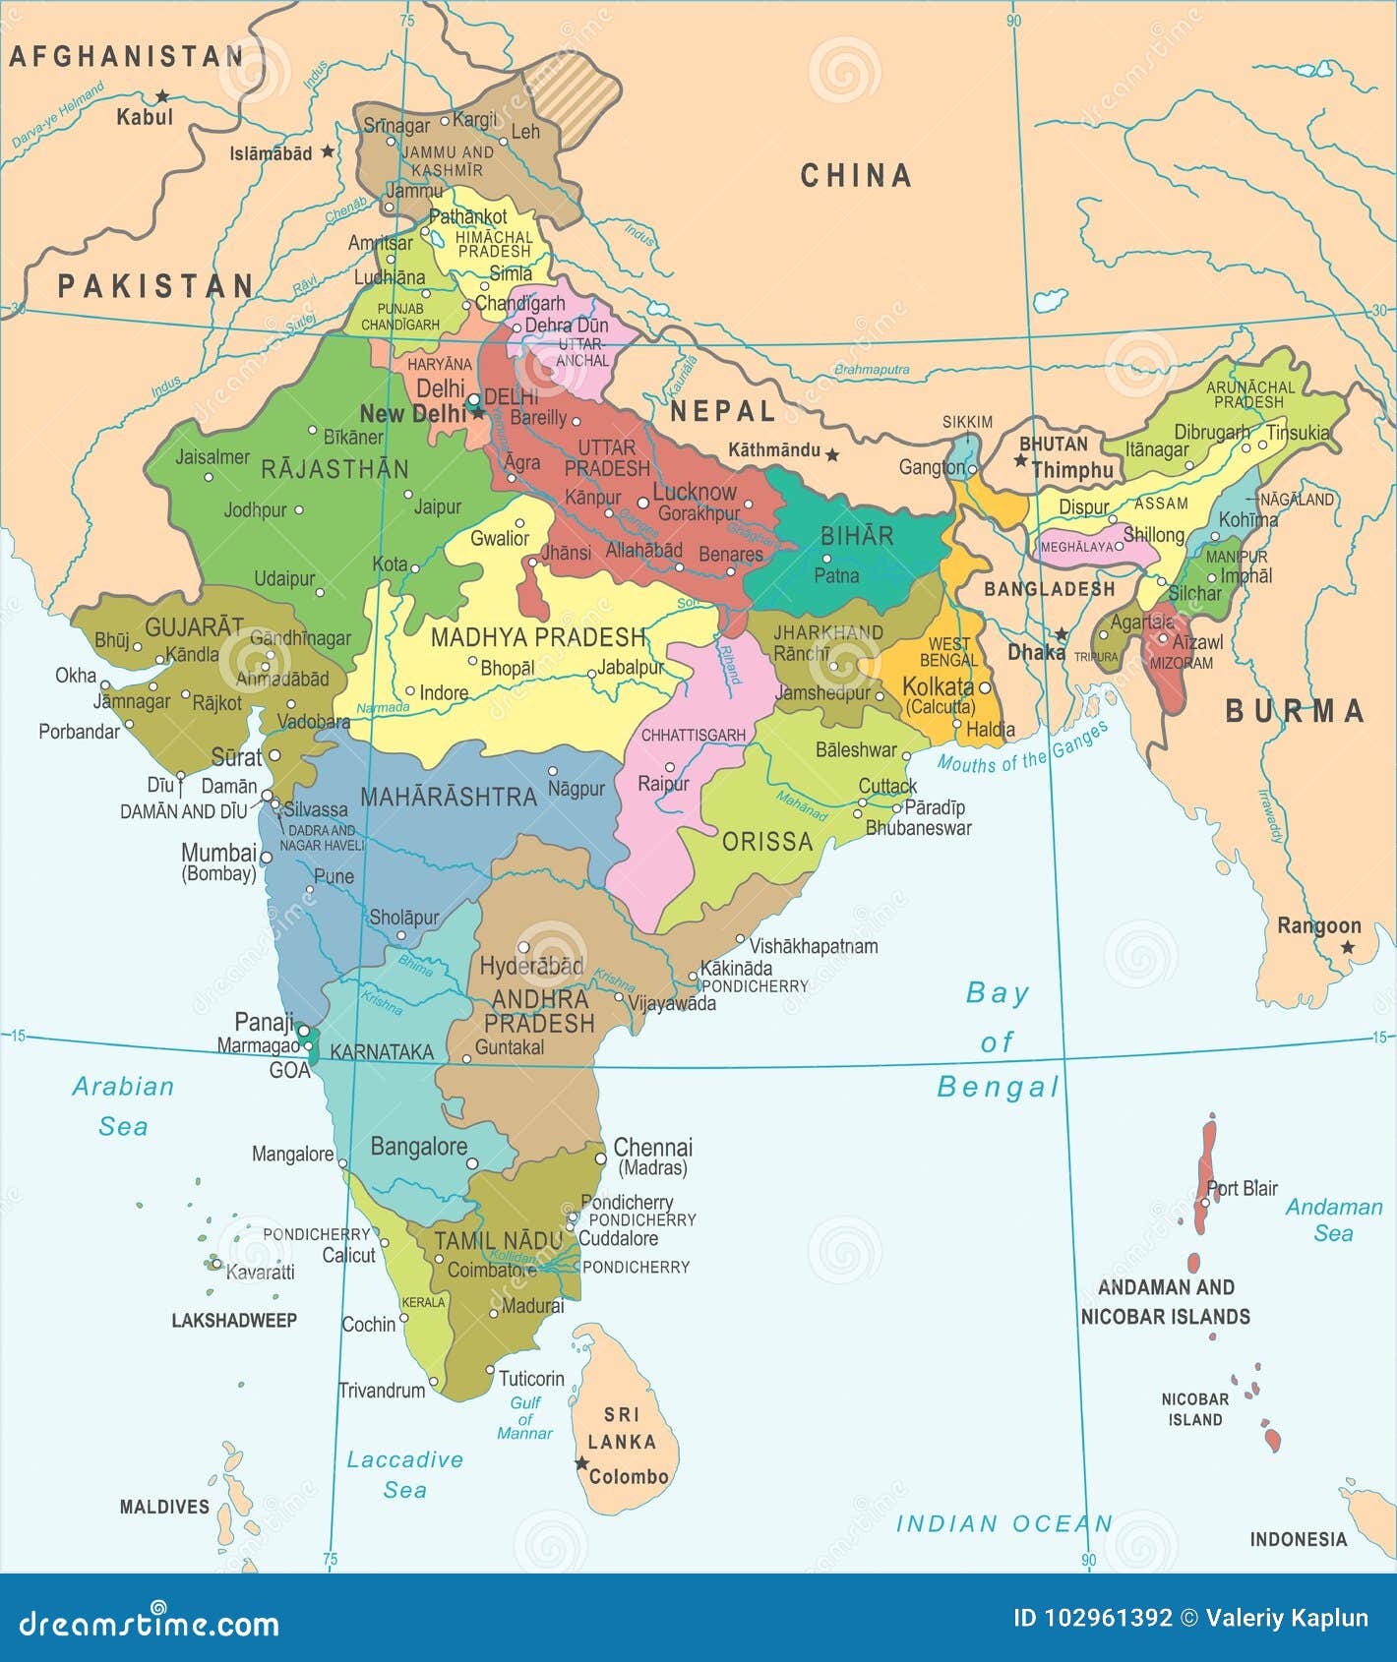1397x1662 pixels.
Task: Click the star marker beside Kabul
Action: point(161,96)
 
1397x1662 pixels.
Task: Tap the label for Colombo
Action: point(629,1476)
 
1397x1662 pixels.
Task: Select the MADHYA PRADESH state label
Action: point(538,637)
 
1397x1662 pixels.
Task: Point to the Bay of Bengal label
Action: point(997,1040)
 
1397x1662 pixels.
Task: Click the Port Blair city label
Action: point(1242,1188)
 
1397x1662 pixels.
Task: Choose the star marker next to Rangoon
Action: point(1347,947)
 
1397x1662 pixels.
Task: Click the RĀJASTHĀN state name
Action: point(334,469)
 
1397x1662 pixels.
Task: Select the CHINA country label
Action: point(855,176)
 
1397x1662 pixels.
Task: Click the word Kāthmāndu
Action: point(773,450)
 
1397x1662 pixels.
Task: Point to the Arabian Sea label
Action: point(123,1105)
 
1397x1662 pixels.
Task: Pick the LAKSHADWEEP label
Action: point(234,1321)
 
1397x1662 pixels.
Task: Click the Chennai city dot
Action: point(601,1159)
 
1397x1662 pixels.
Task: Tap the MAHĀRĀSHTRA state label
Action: point(449,797)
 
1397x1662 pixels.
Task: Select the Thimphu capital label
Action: point(1072,471)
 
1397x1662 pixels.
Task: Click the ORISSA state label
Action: point(767,842)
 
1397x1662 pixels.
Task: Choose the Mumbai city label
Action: point(218,853)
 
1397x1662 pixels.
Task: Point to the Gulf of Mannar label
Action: point(525,1418)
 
